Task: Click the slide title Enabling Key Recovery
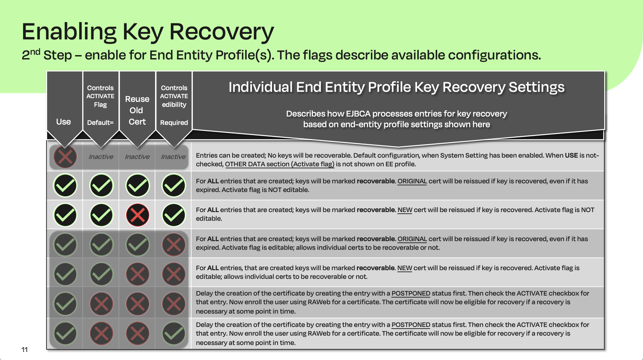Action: click(x=148, y=32)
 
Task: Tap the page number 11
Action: click(x=24, y=350)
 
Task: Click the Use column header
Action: click(x=63, y=122)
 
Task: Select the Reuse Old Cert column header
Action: click(x=137, y=110)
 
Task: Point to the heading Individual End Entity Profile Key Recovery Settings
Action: click(x=396, y=87)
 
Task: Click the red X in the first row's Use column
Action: click(x=65, y=157)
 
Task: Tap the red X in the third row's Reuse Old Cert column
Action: click(x=137, y=215)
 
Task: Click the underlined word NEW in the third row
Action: click(x=405, y=210)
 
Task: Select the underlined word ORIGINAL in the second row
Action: click(x=412, y=181)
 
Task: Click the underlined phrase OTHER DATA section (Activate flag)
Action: click(x=280, y=164)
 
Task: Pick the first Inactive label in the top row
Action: click(x=101, y=157)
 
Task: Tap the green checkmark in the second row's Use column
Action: click(x=65, y=185)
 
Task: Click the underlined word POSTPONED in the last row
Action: click(x=411, y=325)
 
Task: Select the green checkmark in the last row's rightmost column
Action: click(x=173, y=333)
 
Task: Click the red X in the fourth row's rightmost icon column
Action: click(x=173, y=245)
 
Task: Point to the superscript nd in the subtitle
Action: click(x=35, y=52)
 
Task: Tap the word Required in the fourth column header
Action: click(x=174, y=123)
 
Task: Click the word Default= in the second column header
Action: click(x=100, y=123)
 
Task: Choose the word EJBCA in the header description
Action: click(x=358, y=114)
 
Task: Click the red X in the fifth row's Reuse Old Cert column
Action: click(x=137, y=274)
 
